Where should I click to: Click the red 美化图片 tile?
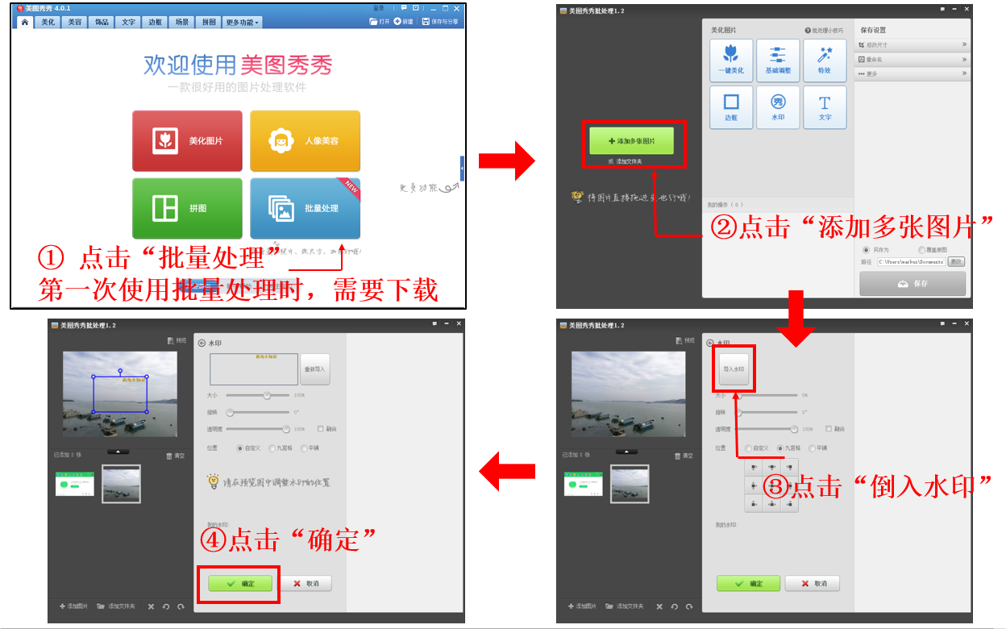coord(187,141)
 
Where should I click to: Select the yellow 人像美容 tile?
coord(305,141)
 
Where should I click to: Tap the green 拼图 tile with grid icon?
coord(187,208)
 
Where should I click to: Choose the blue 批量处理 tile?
coord(305,208)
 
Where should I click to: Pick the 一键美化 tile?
coord(731,60)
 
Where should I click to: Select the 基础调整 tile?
coord(778,60)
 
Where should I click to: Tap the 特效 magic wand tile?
coord(825,60)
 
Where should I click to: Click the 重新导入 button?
coord(314,369)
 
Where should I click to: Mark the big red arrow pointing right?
coord(506,161)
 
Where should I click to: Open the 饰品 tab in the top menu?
coord(102,22)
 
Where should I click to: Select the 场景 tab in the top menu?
coord(182,22)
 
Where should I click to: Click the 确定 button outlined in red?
coord(240,583)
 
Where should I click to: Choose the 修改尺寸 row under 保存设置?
coord(912,45)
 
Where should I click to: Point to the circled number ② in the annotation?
coord(721,227)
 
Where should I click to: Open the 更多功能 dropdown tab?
coord(243,22)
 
